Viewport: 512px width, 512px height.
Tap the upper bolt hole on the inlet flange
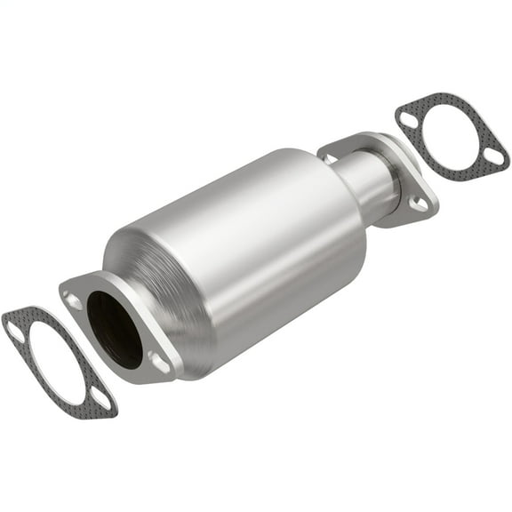[74, 301]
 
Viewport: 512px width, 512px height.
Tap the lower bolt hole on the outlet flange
[419, 205]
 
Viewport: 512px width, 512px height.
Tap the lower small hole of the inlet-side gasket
[101, 399]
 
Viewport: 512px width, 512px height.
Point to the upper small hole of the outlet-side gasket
[408, 116]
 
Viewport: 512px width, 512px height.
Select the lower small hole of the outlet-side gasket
[493, 159]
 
